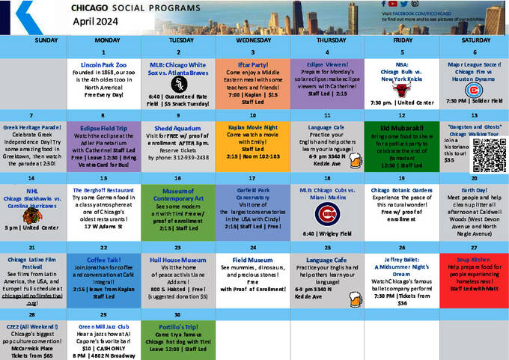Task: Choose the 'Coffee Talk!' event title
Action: pyautogui.click(x=104, y=259)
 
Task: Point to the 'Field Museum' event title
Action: pyautogui.click(x=252, y=259)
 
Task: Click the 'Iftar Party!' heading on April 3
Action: pyautogui.click(x=252, y=65)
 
